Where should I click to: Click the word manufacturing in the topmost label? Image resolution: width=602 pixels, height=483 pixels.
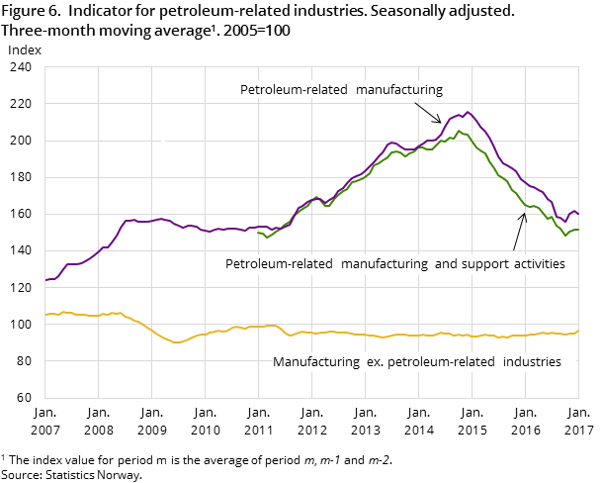coord(399,90)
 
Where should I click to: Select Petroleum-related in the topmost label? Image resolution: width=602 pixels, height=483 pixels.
coord(294,90)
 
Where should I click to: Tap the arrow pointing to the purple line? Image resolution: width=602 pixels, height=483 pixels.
coord(428,112)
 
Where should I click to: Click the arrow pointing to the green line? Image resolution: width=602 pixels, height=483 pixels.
coord(519,232)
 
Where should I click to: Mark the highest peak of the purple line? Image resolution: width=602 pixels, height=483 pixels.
coord(468,112)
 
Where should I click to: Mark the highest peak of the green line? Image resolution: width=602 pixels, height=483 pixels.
coord(459,130)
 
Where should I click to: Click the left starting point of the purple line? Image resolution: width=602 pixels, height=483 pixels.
coord(45,280)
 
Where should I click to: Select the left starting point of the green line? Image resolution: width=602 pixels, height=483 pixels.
coord(258,233)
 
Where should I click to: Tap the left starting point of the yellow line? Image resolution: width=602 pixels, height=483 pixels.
coord(45,315)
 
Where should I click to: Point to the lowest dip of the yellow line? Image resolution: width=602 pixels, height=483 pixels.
coord(176,342)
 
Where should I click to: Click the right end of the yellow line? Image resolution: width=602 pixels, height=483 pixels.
coord(578,331)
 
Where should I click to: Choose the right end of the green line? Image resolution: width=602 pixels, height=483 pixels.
coord(578,230)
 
